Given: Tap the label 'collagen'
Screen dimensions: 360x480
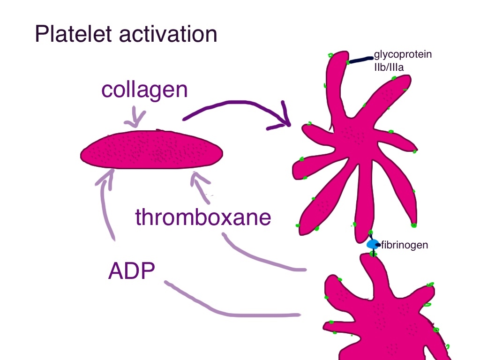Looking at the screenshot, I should [x=144, y=90].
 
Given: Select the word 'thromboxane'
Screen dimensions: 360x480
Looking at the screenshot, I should [x=203, y=217].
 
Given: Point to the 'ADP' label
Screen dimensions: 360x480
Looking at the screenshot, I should [x=132, y=271].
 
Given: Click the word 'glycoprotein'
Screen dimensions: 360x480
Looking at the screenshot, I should [x=403, y=55].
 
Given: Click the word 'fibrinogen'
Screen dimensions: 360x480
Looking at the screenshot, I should [x=405, y=245].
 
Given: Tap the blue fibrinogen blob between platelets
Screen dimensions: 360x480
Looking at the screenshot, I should [x=372, y=244].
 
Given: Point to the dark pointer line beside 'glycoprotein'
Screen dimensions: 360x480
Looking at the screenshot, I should [x=360, y=60].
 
